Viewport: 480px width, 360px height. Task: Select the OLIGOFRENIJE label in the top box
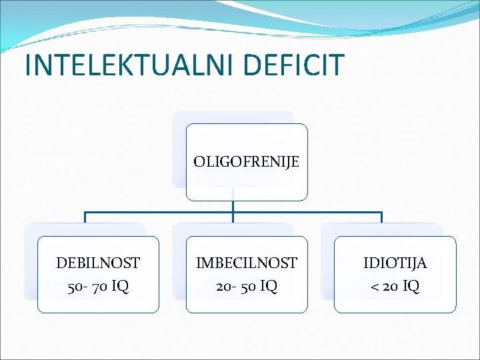tap(247, 161)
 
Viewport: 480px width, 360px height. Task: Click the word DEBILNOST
tap(98, 263)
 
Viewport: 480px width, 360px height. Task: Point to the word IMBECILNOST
tap(247, 263)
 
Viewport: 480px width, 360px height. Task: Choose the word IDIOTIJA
tap(395, 263)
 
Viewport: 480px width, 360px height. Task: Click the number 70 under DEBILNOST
tap(98, 287)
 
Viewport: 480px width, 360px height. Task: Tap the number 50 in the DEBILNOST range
tap(73, 287)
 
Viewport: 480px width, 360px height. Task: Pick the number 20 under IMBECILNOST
tap(223, 287)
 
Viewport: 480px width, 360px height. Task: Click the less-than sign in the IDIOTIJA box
tap(375, 287)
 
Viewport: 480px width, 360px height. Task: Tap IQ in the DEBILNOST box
tap(120, 287)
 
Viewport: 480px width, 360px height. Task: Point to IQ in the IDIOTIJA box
tap(411, 287)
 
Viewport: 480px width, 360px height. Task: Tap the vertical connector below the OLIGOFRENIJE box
tap(233, 207)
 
